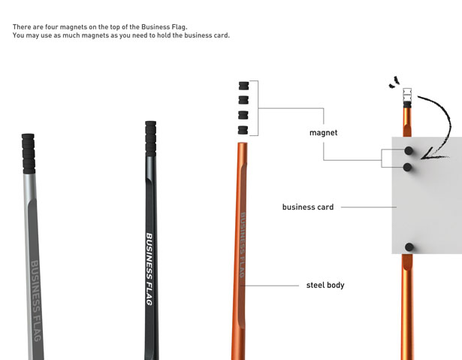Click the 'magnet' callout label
point(323,133)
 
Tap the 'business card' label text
point(308,207)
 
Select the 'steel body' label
point(325,285)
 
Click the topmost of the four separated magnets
point(243,86)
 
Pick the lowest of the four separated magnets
point(243,130)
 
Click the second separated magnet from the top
point(243,100)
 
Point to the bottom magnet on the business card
point(409,247)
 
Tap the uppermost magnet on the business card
point(409,150)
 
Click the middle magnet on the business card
point(407,167)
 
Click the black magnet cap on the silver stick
point(29,153)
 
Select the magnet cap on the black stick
point(150,138)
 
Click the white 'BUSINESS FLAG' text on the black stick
point(149,269)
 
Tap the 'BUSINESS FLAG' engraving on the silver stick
point(35,301)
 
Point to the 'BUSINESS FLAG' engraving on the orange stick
point(242,245)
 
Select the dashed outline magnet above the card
point(407,95)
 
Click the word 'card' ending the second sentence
point(222,35)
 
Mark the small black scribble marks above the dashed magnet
point(394,82)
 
